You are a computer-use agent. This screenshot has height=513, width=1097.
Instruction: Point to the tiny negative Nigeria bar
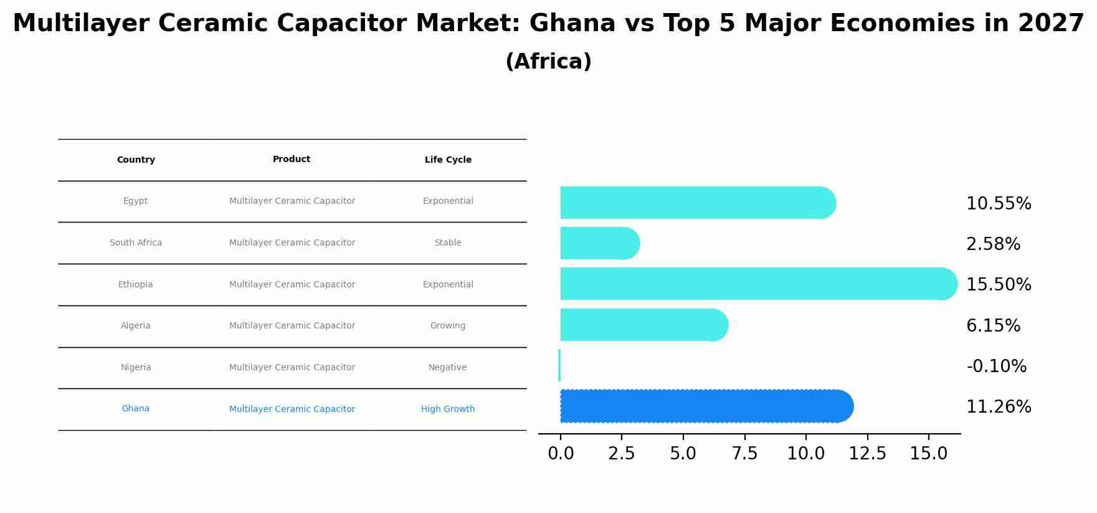(x=559, y=365)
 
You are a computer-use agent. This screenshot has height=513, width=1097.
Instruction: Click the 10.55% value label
(x=999, y=204)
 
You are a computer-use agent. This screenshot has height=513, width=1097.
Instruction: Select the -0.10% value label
(x=996, y=367)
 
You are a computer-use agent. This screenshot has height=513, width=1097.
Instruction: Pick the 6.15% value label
(x=993, y=326)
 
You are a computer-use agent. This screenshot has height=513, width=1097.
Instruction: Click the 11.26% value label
(x=999, y=407)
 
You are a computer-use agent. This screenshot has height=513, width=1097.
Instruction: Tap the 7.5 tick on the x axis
(x=744, y=454)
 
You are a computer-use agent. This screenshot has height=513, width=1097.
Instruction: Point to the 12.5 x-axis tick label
(x=867, y=454)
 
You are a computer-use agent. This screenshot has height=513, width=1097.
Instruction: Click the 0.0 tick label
(x=561, y=454)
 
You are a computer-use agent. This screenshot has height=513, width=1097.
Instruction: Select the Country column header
(x=136, y=160)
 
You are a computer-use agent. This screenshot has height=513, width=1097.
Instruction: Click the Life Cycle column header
(x=448, y=160)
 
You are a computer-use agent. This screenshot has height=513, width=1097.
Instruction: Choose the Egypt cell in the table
(x=135, y=201)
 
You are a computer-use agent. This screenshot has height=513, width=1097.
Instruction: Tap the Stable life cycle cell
(x=448, y=243)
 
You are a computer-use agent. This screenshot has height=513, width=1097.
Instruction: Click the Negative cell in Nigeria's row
(x=447, y=368)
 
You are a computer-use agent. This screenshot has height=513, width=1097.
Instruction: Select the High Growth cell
(x=447, y=410)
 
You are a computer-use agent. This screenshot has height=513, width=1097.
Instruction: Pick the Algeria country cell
(x=135, y=326)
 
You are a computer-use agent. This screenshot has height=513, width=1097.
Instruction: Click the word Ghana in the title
(x=572, y=24)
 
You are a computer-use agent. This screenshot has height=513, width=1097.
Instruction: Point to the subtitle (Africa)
(x=548, y=62)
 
